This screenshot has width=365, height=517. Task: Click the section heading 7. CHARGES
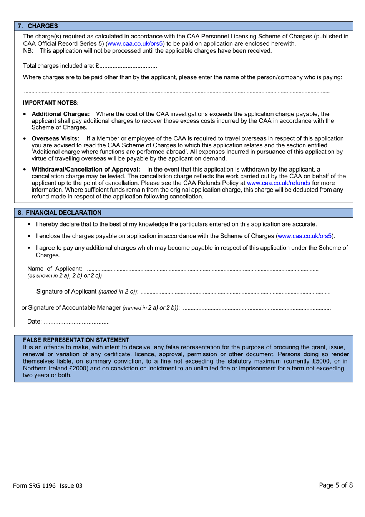pyautogui.click(x=38, y=26)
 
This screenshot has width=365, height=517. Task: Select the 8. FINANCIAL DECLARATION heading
pyautogui.click(x=60, y=213)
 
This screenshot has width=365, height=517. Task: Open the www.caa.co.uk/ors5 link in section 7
pyautogui.click(x=135, y=44)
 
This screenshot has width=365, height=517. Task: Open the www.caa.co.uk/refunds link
pyautogui.click(x=278, y=183)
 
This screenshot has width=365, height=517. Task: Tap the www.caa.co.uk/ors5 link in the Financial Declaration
pyautogui.click(x=305, y=236)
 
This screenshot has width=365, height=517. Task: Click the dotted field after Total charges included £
pyautogui.click(x=128, y=66)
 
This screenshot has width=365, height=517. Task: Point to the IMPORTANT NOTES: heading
pyautogui.click(x=51, y=103)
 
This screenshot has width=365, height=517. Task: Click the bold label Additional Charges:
pyautogui.click(x=60, y=114)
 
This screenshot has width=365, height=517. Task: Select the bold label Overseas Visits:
pyautogui.click(x=55, y=138)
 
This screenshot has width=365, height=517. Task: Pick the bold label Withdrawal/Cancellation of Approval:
pyautogui.click(x=86, y=170)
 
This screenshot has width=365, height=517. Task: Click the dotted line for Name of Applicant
pyautogui.click(x=202, y=269)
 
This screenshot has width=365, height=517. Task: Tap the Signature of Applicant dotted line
pyautogui.click(x=235, y=292)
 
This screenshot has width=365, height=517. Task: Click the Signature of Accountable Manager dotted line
pyautogui.click(x=256, y=308)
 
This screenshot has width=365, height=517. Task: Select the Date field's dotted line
pyautogui.click(x=77, y=322)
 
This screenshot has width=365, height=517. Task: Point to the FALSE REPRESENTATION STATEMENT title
pyautogui.click(x=76, y=340)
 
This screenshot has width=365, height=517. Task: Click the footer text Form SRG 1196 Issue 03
pyautogui.click(x=48, y=485)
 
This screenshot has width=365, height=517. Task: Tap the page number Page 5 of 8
pyautogui.click(x=335, y=485)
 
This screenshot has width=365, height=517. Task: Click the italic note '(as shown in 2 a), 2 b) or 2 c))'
pyautogui.click(x=65, y=276)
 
